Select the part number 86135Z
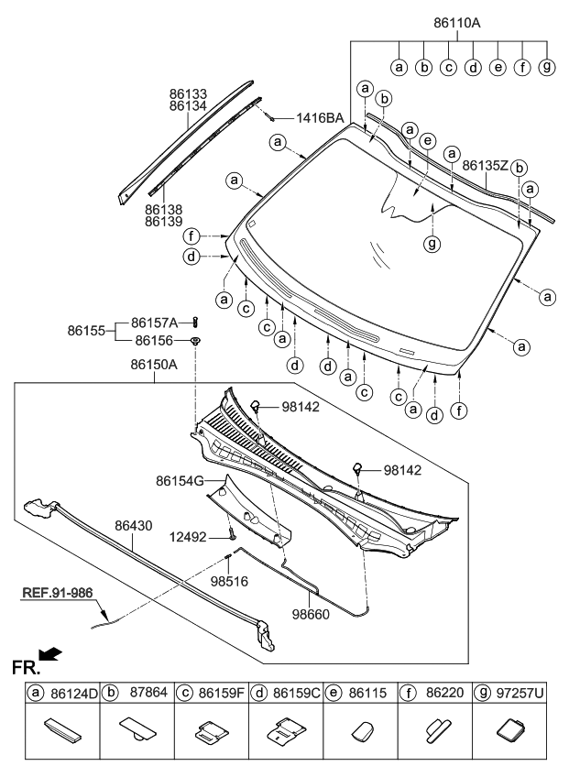[485, 166]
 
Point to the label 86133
[188, 93]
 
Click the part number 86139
[163, 223]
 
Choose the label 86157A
[157, 322]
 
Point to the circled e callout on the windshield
[427, 140]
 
